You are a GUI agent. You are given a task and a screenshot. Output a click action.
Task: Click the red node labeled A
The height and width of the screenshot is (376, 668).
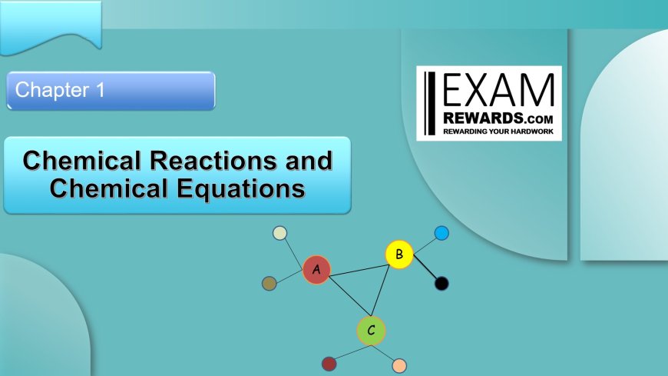(x=316, y=270)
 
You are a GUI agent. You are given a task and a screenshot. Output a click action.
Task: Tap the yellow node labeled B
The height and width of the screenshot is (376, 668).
(x=399, y=255)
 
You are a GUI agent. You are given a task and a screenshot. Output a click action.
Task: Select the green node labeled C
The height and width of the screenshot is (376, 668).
(x=371, y=331)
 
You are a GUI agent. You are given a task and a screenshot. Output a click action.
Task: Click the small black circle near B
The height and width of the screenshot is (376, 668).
(x=441, y=284)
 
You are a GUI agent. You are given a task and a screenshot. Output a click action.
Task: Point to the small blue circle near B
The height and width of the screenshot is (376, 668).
(x=441, y=233)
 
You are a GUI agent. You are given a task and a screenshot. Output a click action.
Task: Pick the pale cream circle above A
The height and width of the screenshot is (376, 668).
(x=279, y=233)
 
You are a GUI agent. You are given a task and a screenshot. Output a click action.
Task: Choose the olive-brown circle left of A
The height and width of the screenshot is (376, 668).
(x=269, y=284)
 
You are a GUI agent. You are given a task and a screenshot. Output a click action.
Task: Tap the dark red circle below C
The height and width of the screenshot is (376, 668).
(x=329, y=364)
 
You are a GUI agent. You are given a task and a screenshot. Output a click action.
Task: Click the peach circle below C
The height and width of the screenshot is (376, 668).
(x=399, y=366)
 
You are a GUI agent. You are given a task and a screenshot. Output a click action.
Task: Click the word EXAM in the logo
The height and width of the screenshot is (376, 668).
(x=499, y=90)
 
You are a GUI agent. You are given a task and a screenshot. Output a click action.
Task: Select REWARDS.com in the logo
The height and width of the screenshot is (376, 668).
(x=498, y=118)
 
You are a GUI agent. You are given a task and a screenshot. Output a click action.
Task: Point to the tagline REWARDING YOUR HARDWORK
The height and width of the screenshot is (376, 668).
(x=498, y=131)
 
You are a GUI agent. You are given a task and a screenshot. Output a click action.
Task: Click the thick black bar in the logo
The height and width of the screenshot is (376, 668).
(x=432, y=103)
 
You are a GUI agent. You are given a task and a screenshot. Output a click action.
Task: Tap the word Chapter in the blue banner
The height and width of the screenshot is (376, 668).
(x=52, y=90)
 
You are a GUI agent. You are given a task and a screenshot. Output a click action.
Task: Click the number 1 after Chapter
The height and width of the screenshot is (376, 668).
(x=100, y=90)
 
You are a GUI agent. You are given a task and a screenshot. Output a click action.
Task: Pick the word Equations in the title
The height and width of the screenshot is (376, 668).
(x=241, y=188)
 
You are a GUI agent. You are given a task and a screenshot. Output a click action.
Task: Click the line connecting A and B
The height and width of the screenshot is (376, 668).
(x=359, y=271)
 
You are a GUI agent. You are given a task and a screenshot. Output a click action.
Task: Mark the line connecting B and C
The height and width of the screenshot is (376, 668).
(x=380, y=291)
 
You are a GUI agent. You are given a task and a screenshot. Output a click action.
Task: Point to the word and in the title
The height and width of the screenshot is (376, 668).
(x=309, y=161)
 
